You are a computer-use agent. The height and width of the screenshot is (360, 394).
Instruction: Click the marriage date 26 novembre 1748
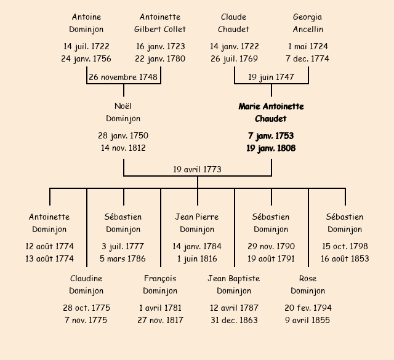click(x=123, y=78)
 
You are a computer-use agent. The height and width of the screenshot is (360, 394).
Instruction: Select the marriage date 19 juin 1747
click(x=271, y=78)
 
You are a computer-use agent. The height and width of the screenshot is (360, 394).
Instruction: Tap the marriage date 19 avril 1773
click(x=197, y=169)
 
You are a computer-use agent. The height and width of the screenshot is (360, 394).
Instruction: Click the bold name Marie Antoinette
click(x=271, y=106)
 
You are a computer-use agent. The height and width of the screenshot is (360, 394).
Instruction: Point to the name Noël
click(x=123, y=106)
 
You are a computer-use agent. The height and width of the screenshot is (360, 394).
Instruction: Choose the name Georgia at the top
click(x=307, y=17)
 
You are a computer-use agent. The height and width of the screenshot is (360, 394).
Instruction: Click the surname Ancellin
click(x=307, y=30)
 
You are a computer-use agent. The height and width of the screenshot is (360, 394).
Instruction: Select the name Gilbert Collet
click(x=160, y=30)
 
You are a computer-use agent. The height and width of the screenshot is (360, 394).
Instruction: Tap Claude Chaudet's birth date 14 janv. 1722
click(x=234, y=47)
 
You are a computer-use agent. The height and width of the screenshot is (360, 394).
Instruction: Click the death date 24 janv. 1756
click(x=86, y=59)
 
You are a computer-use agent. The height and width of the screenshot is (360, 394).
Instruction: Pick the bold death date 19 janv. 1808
click(x=271, y=148)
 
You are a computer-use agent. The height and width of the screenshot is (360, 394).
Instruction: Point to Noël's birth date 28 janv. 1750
click(x=123, y=136)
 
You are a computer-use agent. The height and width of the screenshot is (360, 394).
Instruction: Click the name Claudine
click(x=86, y=279)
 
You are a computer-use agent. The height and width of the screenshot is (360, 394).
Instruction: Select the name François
click(x=160, y=279)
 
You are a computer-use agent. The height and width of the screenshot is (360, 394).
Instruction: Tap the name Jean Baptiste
click(x=234, y=279)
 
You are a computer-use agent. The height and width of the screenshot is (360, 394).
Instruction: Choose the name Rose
click(x=307, y=279)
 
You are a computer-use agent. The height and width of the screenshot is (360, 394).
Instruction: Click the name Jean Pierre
click(x=197, y=217)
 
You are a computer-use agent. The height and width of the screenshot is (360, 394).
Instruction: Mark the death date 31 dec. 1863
click(x=234, y=321)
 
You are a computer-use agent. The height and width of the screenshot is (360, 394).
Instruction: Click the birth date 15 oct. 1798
click(x=345, y=247)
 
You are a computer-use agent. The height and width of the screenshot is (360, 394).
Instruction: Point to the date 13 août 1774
click(x=49, y=259)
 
